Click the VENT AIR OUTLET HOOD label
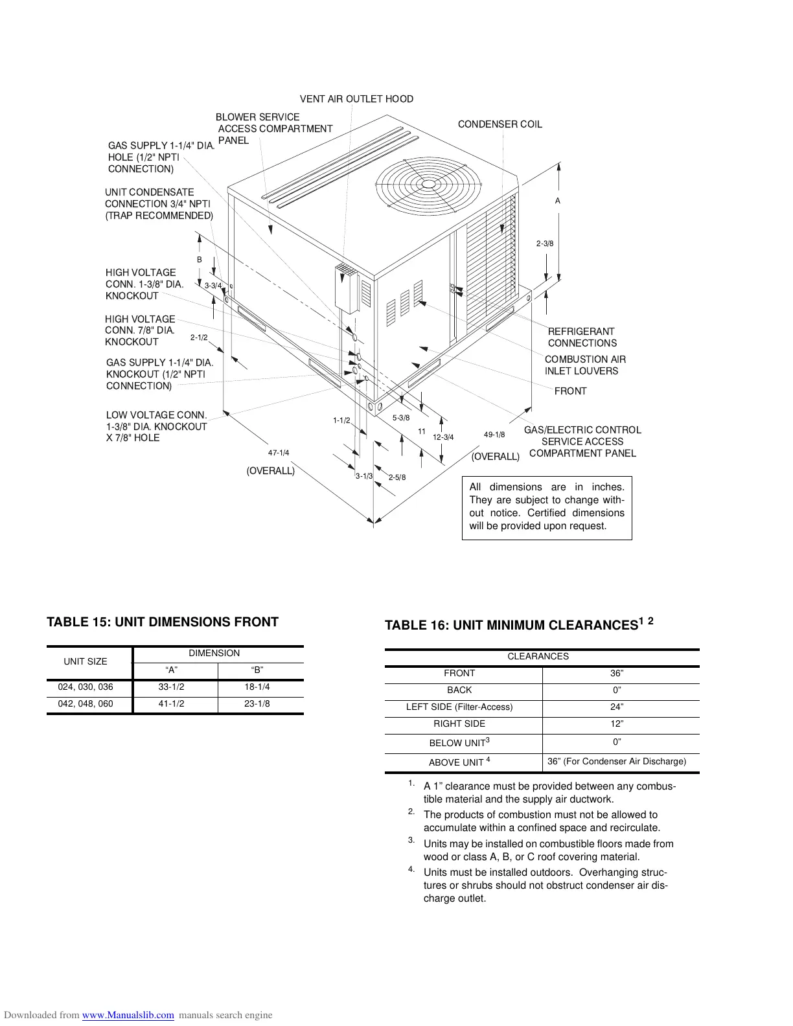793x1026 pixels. pyautogui.click(x=356, y=99)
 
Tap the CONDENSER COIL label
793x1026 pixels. pyautogui.click(x=500, y=124)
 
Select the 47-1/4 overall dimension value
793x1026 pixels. pyautogui.click(x=279, y=453)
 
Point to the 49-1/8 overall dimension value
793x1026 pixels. pyautogui.click(x=494, y=435)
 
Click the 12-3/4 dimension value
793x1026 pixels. pyautogui.click(x=443, y=437)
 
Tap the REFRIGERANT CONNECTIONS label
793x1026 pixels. pyautogui.click(x=582, y=337)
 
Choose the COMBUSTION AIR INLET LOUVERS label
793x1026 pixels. pyautogui.click(x=585, y=365)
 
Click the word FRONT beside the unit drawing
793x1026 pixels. pyautogui.click(x=570, y=391)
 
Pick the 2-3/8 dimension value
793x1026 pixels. pyautogui.click(x=545, y=244)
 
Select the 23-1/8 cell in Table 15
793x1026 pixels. pyautogui.click(x=257, y=704)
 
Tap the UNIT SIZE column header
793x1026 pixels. pyautogui.click(x=86, y=661)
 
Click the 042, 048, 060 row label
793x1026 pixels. pyautogui.click(x=86, y=704)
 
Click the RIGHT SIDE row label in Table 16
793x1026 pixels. pyautogui.click(x=459, y=724)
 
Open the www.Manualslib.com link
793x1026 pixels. pyautogui.click(x=128, y=1016)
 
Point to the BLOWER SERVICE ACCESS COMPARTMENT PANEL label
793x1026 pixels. pyautogui.click(x=274, y=129)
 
